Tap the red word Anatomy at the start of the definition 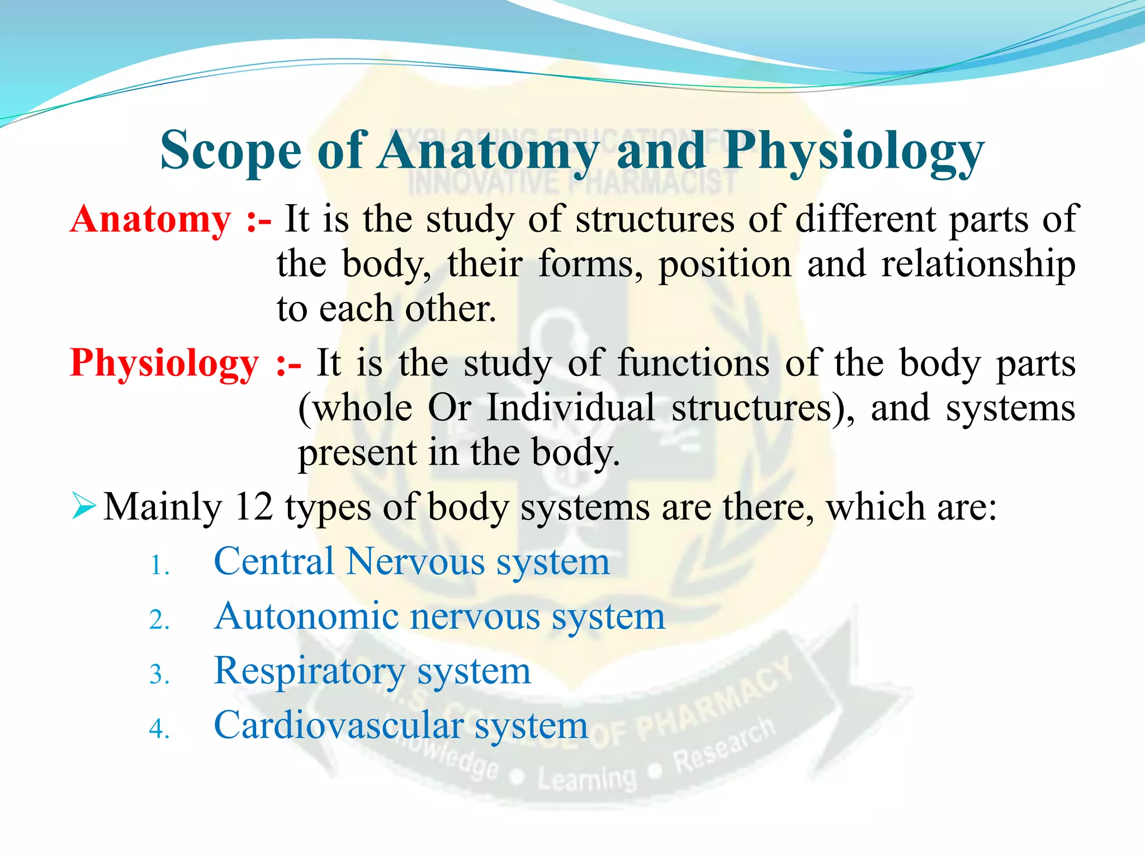tap(150, 219)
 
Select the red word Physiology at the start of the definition tap(164, 363)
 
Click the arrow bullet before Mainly tap(84, 507)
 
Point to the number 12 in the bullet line tap(254, 507)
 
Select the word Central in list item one tap(273, 561)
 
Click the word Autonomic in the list tap(306, 616)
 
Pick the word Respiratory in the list tap(309, 671)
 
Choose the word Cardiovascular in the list tap(338, 725)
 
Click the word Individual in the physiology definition tap(570, 408)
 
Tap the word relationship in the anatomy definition tap(978, 264)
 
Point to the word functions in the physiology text tap(693, 364)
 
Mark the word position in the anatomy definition tap(725, 264)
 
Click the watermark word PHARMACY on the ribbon tap(716, 699)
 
